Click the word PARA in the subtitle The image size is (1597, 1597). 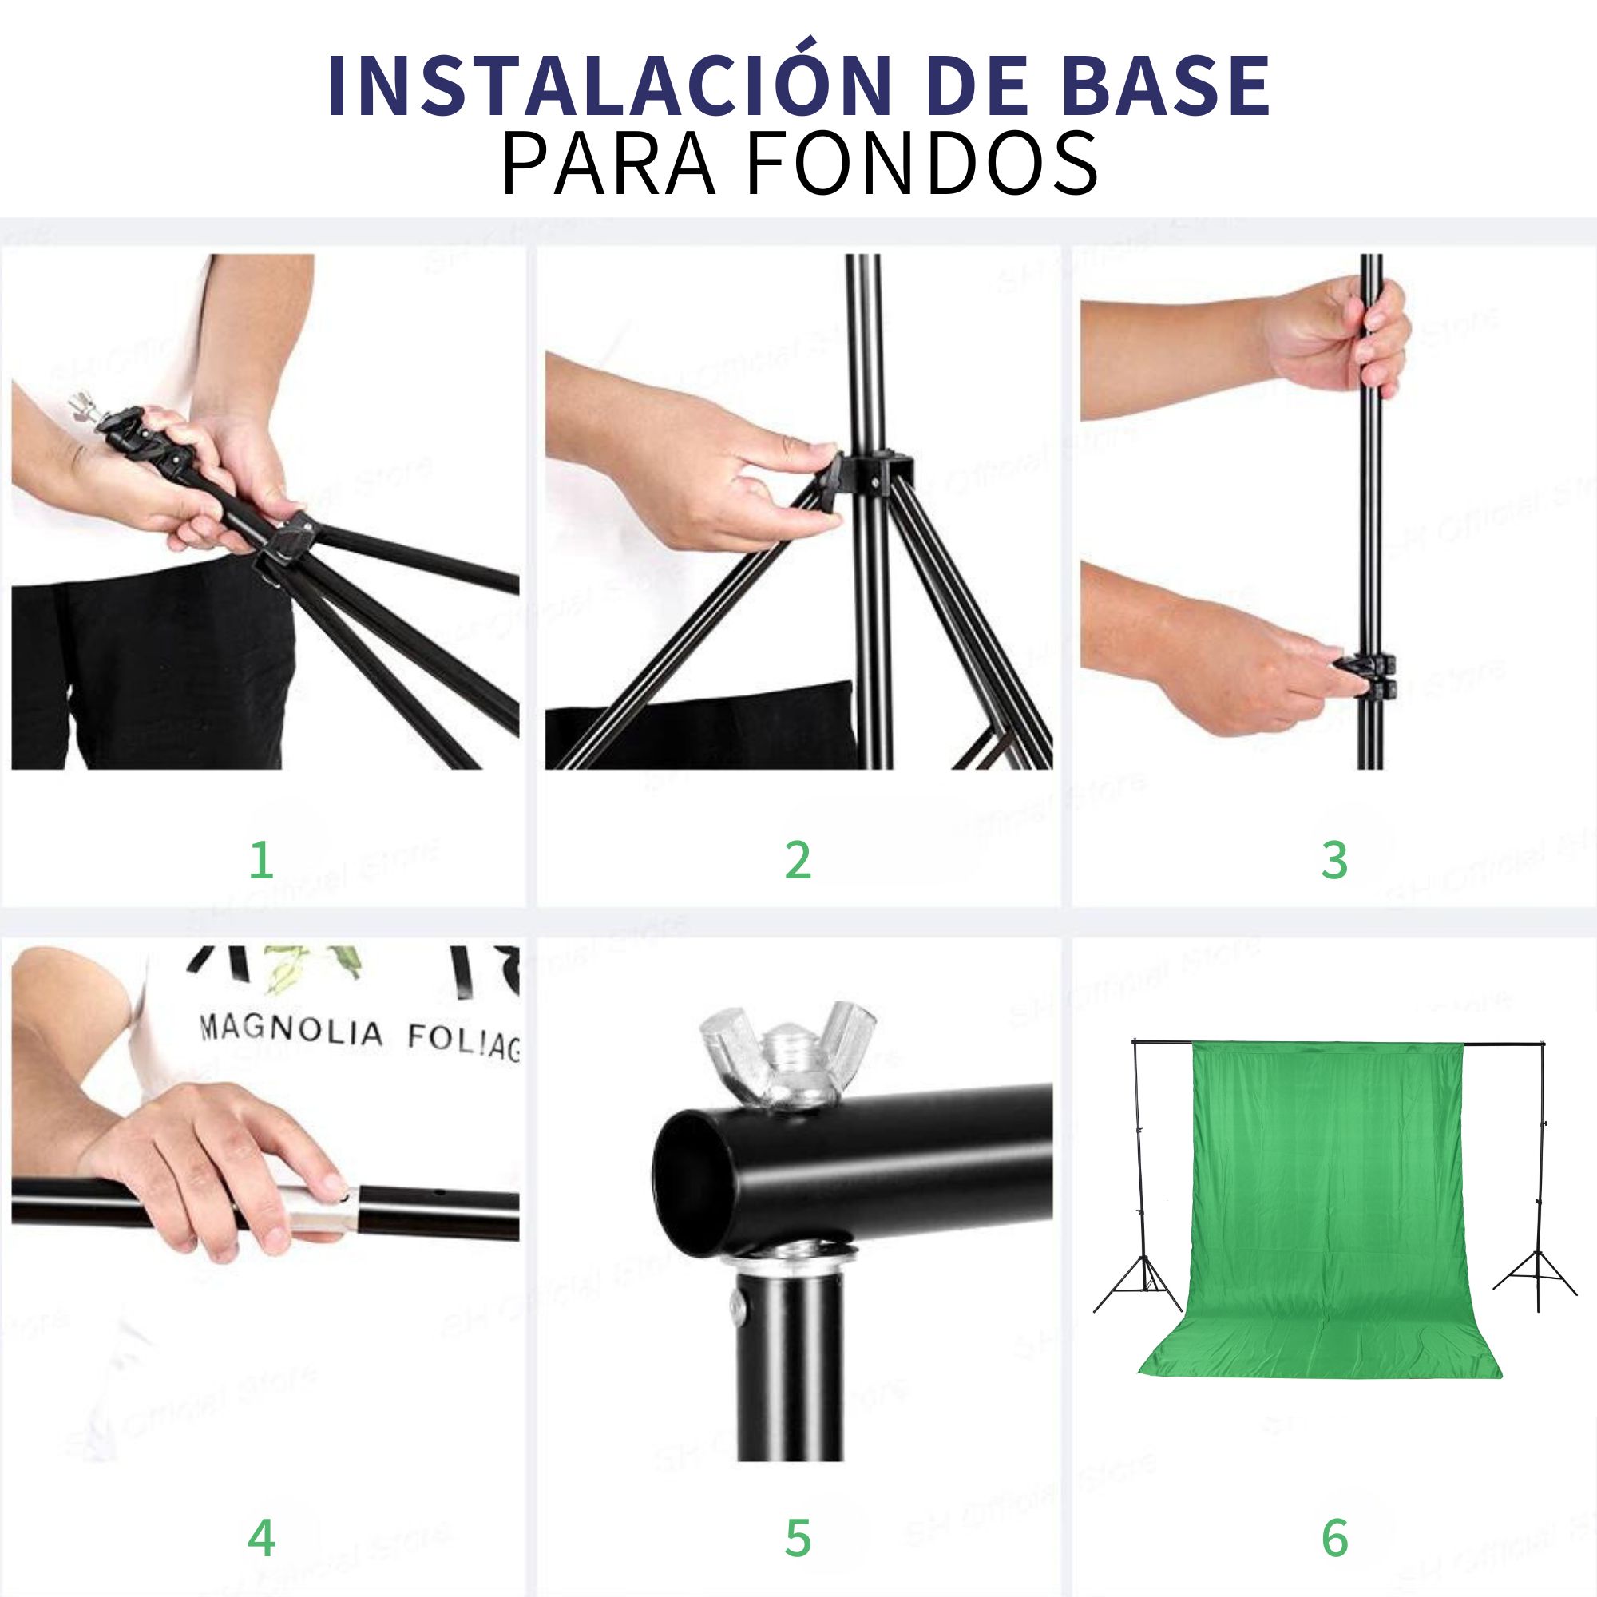608,164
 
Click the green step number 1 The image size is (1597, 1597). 261,861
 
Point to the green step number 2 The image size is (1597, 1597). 798,861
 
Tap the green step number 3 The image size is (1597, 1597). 1334,861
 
